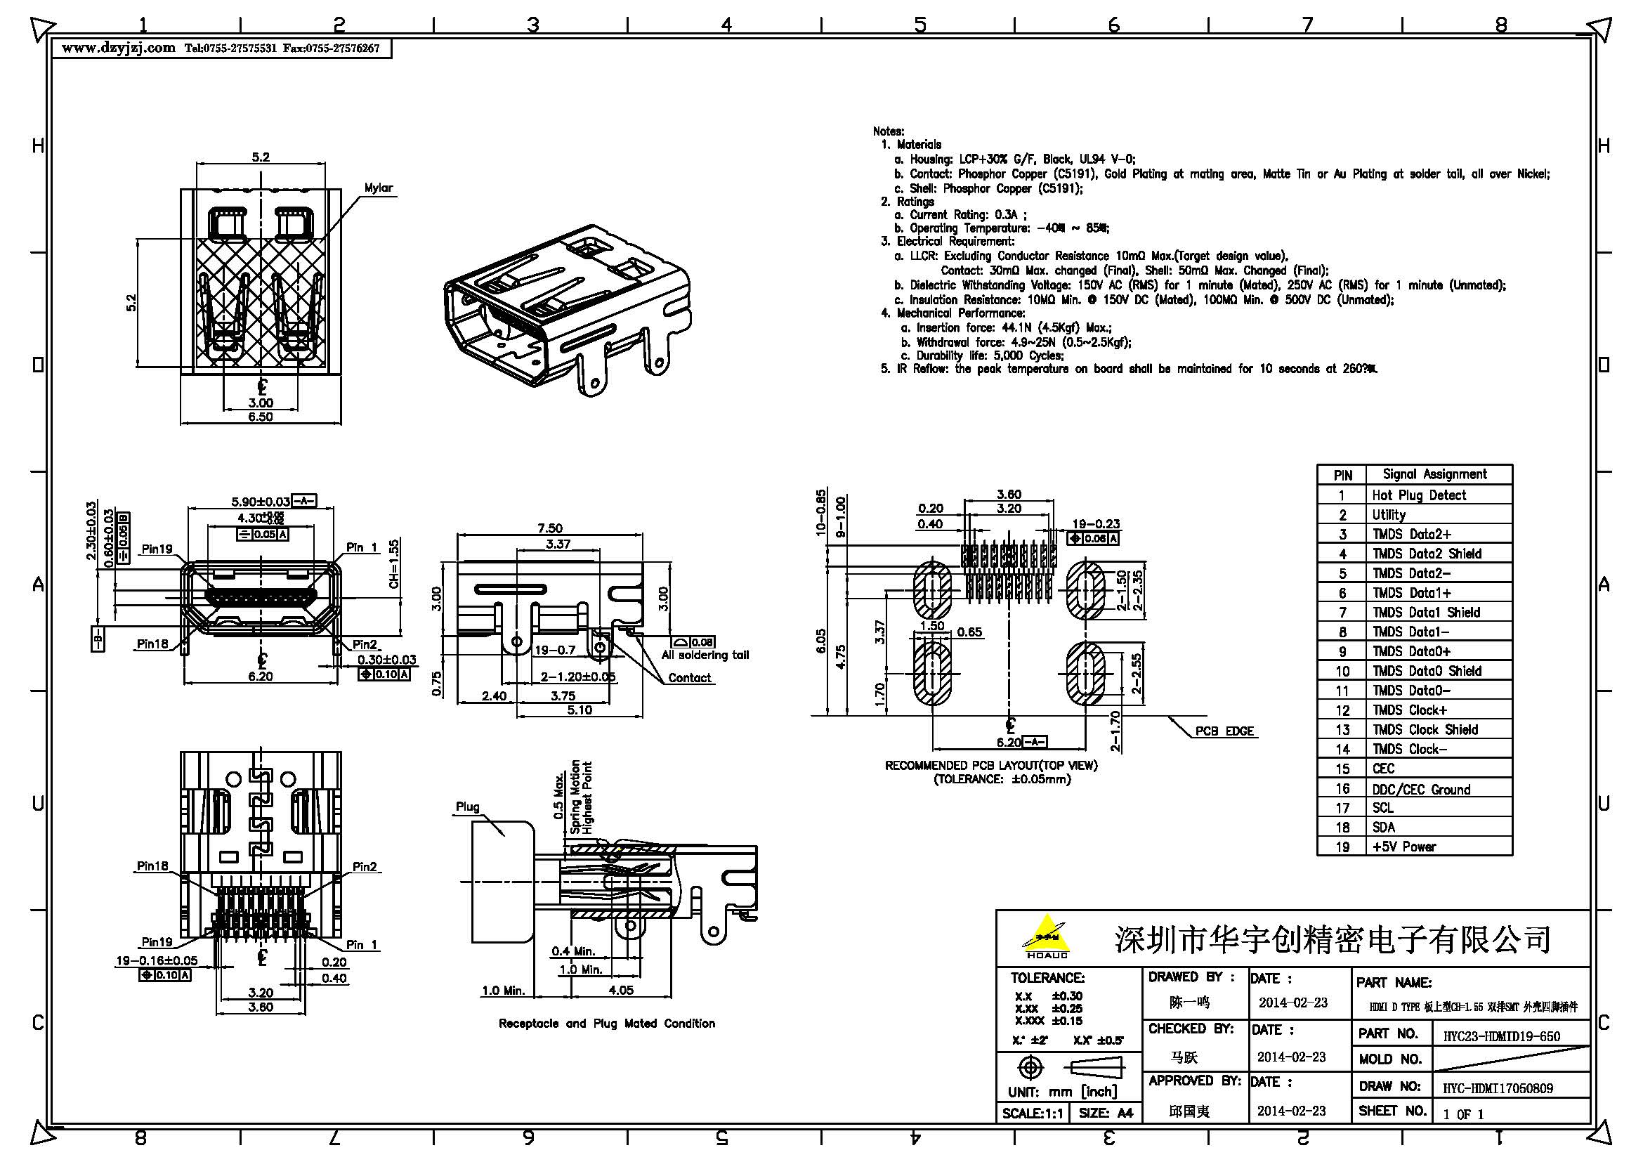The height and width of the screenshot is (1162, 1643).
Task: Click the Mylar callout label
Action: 378,188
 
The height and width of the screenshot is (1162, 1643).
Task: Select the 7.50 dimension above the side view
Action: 549,528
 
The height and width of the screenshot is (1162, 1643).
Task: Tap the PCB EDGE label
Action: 1224,731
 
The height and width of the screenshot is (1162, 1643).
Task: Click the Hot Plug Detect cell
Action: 1418,495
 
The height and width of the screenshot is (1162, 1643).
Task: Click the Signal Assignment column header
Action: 1434,474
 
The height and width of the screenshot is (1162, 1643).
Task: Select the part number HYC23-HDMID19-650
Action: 1500,1036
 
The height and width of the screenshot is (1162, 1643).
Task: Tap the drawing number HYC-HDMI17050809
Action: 1497,1088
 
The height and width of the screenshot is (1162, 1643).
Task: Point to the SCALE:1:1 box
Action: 1031,1114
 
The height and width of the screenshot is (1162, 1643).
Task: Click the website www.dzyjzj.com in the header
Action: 118,48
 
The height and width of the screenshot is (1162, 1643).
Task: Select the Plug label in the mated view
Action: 467,807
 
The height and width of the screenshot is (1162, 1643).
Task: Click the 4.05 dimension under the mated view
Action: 620,990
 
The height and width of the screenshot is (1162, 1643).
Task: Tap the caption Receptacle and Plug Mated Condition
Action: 606,1023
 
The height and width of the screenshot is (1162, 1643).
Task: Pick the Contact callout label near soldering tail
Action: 689,677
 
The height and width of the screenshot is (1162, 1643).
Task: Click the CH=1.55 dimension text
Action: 394,564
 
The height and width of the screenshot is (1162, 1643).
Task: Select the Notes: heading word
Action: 888,131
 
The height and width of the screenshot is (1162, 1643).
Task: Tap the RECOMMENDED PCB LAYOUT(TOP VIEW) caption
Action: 990,765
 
